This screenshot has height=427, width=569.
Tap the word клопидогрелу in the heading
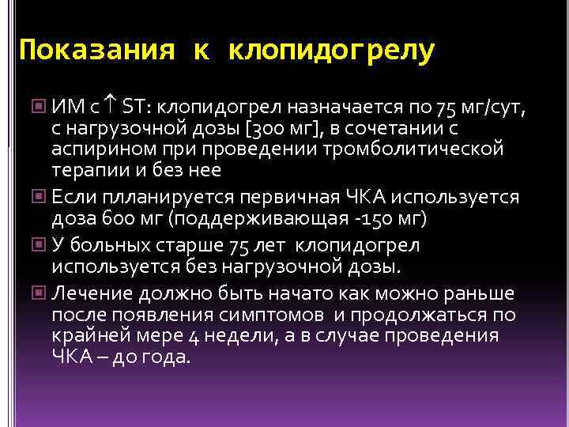(331, 51)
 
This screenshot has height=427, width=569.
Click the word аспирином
(98, 148)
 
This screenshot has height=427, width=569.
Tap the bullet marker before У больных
(40, 246)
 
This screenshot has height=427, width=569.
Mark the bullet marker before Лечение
(40, 294)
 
